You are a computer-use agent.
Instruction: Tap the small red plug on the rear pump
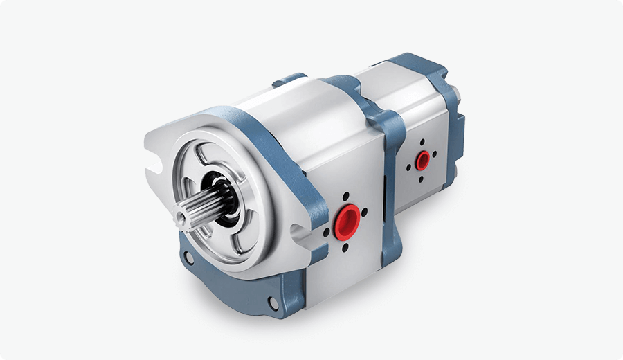[422, 161]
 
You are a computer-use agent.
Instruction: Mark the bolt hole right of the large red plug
[366, 213]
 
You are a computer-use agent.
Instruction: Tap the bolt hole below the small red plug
[421, 179]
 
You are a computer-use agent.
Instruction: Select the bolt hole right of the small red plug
[435, 155]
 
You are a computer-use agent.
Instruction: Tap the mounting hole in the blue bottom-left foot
[186, 258]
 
